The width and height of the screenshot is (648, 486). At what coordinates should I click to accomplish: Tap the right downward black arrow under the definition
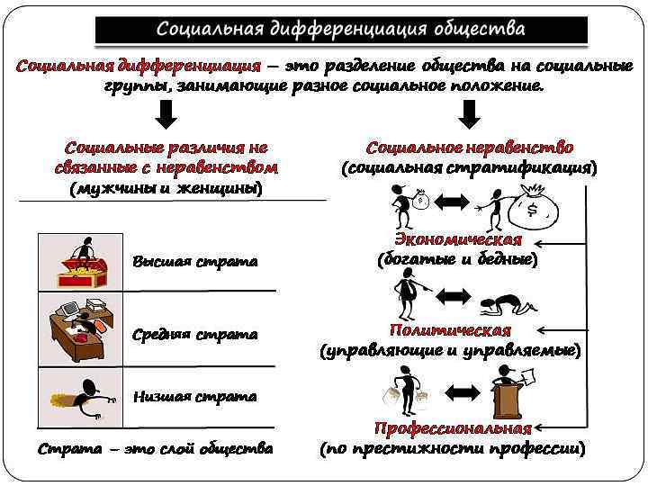tap(469, 114)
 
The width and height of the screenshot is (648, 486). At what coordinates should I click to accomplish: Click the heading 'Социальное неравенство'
tap(470, 148)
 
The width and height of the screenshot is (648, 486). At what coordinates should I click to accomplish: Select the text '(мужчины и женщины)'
tap(166, 188)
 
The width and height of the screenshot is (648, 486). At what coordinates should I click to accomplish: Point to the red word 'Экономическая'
tap(458, 239)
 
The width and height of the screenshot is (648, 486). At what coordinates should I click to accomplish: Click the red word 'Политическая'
tap(450, 330)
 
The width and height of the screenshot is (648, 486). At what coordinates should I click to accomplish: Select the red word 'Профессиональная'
tap(452, 428)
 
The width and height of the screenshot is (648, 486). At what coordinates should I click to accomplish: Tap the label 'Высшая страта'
tap(194, 262)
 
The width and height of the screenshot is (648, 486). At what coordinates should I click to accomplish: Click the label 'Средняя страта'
tap(194, 335)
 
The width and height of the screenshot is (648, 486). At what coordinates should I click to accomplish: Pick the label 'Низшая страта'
tap(194, 396)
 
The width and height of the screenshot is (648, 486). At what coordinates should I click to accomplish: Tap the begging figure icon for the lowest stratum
tap(84, 396)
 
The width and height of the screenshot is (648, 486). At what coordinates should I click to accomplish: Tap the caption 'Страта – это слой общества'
tap(156, 448)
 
